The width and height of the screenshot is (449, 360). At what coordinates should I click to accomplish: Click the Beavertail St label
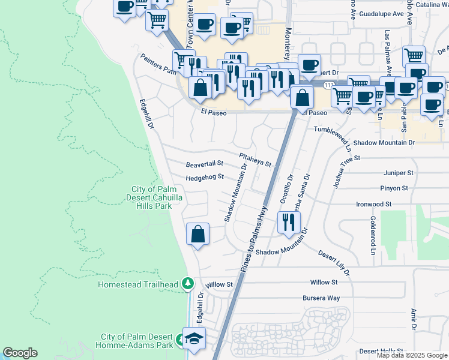tap(204, 163)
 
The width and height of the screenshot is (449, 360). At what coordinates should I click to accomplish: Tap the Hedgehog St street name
tap(204, 177)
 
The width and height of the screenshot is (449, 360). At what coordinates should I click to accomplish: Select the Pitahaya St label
tap(255, 160)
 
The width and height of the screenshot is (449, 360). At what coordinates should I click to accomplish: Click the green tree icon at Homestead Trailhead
tap(188, 283)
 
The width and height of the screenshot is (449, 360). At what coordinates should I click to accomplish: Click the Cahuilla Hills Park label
tap(151, 197)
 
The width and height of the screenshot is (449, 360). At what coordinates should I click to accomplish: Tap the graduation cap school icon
tap(194, 339)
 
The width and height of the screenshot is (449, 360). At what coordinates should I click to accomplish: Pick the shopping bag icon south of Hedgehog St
tap(197, 235)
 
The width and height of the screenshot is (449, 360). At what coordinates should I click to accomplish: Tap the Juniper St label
tap(399, 173)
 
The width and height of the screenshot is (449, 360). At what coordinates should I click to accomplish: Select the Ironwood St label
tap(373, 204)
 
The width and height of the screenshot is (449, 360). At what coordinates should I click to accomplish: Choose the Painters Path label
tap(158, 63)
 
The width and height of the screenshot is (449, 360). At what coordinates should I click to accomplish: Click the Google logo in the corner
tap(20, 353)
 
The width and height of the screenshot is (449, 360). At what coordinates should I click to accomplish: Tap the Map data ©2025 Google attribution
tap(411, 355)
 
